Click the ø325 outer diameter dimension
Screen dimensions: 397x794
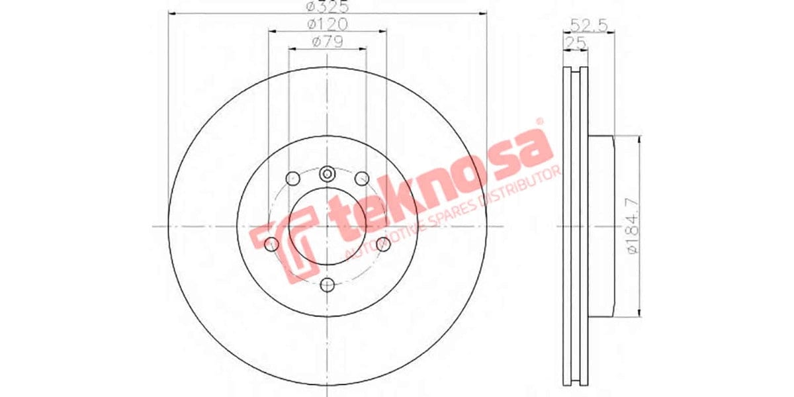[327, 8]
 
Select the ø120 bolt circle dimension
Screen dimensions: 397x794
[327, 24]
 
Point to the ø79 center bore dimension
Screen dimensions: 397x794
[327, 42]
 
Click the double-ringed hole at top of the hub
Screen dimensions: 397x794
[327, 174]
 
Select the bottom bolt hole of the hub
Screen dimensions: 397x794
[327, 285]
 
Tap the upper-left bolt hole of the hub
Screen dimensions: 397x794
[292, 178]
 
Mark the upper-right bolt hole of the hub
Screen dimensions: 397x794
[362, 178]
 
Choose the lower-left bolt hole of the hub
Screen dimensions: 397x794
[270, 245]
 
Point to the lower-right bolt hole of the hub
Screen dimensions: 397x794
[383, 245]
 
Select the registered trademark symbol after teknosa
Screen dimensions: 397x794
[539, 122]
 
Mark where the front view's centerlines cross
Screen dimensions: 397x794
[327, 226]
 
